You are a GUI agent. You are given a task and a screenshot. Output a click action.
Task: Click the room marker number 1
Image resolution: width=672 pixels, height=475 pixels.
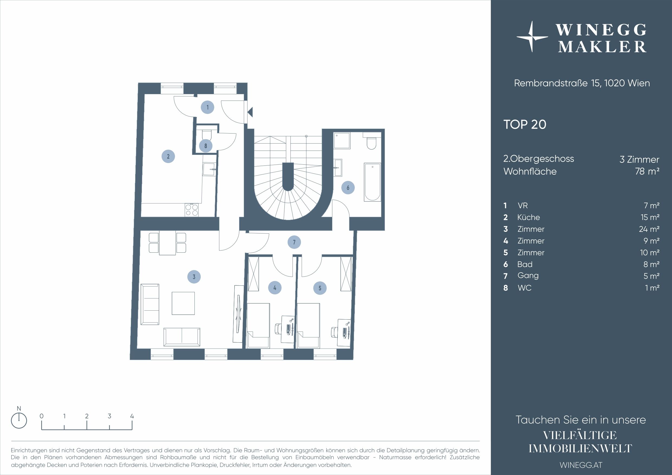pyautogui.click(x=207, y=108)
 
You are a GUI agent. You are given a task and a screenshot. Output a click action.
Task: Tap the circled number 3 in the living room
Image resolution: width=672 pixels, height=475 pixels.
pyautogui.click(x=194, y=276)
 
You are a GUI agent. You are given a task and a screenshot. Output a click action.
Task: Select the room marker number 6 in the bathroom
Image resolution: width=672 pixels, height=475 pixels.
pyautogui.click(x=348, y=188)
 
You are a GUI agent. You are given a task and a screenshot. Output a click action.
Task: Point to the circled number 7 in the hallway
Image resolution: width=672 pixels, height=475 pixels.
pyautogui.click(x=294, y=242)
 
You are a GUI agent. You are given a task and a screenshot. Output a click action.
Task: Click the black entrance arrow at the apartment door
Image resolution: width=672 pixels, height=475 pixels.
pyautogui.click(x=250, y=112)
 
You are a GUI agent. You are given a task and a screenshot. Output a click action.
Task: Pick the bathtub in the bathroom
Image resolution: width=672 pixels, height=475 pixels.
pyautogui.click(x=372, y=182)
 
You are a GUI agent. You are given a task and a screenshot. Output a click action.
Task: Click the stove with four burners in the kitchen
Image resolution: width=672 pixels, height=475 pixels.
pyautogui.click(x=192, y=210)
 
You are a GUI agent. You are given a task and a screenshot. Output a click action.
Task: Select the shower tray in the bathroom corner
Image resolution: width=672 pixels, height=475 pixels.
pyautogui.click(x=342, y=141)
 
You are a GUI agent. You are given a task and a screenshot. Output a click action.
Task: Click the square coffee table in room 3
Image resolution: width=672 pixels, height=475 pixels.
pyautogui.click(x=183, y=303)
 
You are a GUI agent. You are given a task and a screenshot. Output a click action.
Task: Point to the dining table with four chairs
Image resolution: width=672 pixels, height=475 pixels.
pyautogui.click(x=167, y=243)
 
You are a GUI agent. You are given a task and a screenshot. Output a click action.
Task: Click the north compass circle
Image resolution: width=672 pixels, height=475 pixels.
pyautogui.click(x=19, y=421)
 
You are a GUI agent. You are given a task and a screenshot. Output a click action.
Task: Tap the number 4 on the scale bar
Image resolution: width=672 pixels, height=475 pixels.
pyautogui.click(x=132, y=416)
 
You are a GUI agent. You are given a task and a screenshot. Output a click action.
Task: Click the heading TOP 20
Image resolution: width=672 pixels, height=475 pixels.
pyautogui.click(x=525, y=124)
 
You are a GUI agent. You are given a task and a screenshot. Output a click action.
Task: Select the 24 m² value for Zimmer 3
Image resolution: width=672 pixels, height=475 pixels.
pyautogui.click(x=649, y=229)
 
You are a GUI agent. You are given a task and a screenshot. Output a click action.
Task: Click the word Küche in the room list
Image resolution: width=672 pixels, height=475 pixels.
pyautogui.click(x=529, y=217)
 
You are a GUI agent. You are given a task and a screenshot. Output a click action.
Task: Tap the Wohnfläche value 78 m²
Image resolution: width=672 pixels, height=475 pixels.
pyautogui.click(x=647, y=171)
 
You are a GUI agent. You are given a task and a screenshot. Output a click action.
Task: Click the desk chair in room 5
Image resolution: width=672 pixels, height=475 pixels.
pyautogui.click(x=334, y=332)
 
